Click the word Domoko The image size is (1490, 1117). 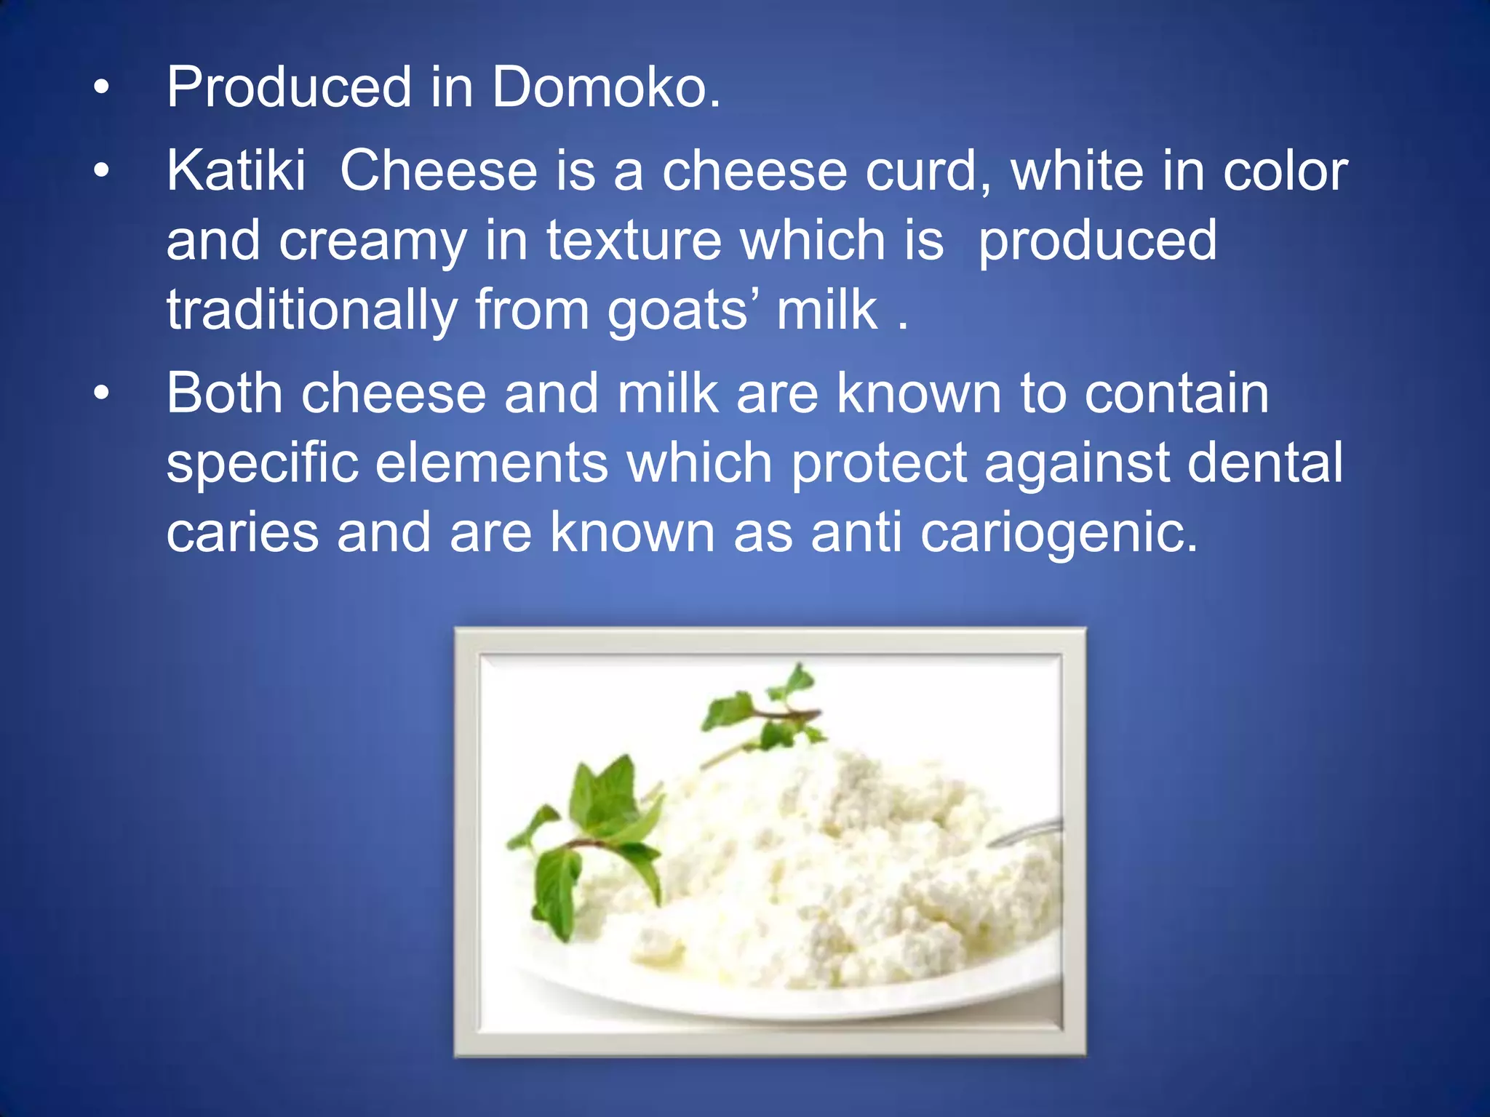[606, 88]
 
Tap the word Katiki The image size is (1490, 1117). [236, 172]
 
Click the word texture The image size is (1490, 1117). [634, 241]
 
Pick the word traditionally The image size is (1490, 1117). [311, 311]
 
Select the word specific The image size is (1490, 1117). [262, 465]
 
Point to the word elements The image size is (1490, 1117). [492, 463]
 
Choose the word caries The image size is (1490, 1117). [242, 533]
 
